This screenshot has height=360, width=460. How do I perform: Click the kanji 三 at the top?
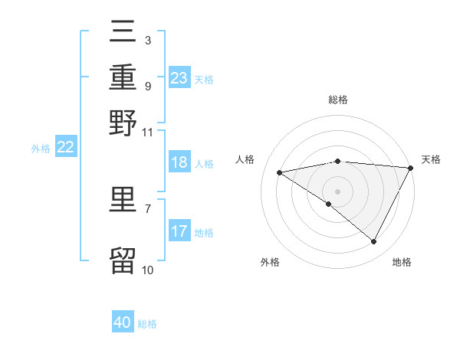[x=123, y=32]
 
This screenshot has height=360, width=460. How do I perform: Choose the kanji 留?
[x=123, y=260]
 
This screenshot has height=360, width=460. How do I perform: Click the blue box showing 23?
[x=179, y=78]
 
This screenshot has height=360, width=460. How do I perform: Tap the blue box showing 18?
[x=179, y=162]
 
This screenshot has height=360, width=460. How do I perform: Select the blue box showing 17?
[x=179, y=231]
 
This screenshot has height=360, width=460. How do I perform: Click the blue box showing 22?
[x=65, y=148]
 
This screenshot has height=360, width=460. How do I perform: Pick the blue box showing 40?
[x=123, y=322]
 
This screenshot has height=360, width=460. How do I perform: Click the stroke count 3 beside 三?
[x=147, y=40]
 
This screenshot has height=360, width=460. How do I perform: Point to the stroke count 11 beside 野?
[x=148, y=131]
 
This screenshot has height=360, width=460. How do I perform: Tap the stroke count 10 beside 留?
[x=147, y=270]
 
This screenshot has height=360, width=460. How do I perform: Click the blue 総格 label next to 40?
[x=147, y=324]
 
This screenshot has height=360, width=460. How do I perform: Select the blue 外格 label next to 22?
[x=41, y=149]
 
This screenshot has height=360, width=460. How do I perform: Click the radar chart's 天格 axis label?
[x=431, y=159]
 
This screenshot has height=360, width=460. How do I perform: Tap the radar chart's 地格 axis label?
[x=402, y=262]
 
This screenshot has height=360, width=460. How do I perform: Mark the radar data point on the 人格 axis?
[x=280, y=172]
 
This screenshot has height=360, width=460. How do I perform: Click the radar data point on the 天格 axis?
[x=411, y=168]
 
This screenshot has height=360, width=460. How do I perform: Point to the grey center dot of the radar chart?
[x=337, y=191]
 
